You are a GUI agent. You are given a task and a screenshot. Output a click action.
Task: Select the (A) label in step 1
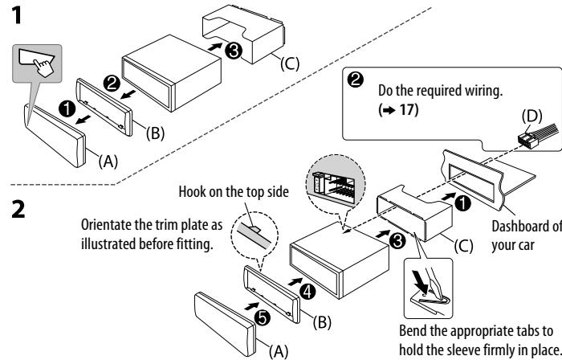[112, 161]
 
